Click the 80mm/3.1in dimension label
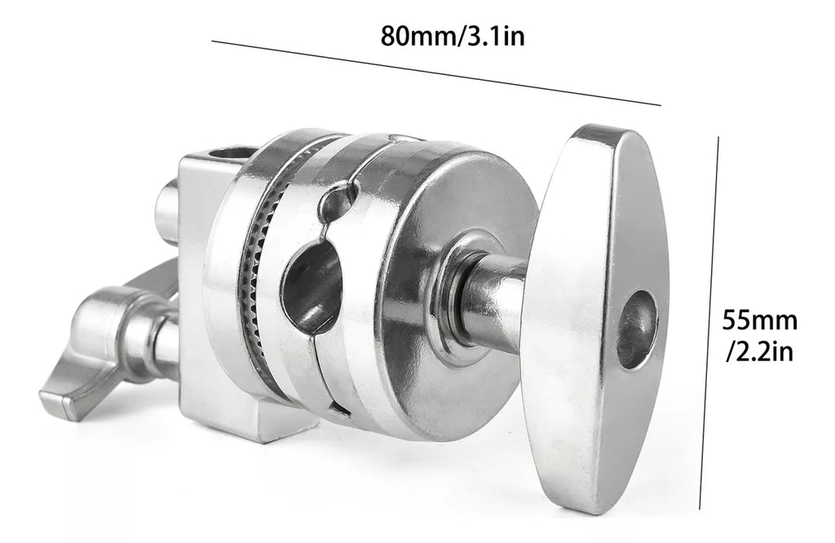[452, 37]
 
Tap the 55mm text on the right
[759, 321]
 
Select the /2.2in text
[760, 351]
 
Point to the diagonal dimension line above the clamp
[436, 73]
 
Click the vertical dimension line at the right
[709, 323]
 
